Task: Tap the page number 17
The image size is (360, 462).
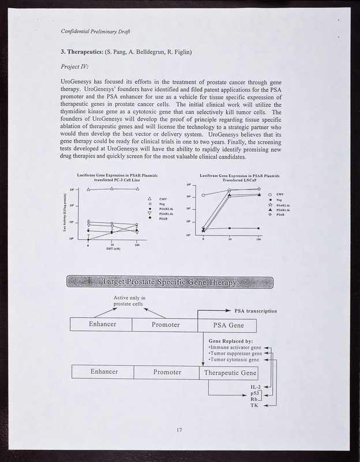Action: [179, 430]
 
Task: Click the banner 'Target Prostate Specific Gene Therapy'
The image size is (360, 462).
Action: [170, 282]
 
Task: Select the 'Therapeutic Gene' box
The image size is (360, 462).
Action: [229, 372]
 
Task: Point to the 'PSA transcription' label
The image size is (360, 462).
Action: [256, 311]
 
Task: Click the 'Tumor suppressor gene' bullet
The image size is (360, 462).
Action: [234, 353]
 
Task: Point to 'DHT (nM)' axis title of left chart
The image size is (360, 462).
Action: [112, 249]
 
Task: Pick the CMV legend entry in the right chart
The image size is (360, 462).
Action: [279, 195]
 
